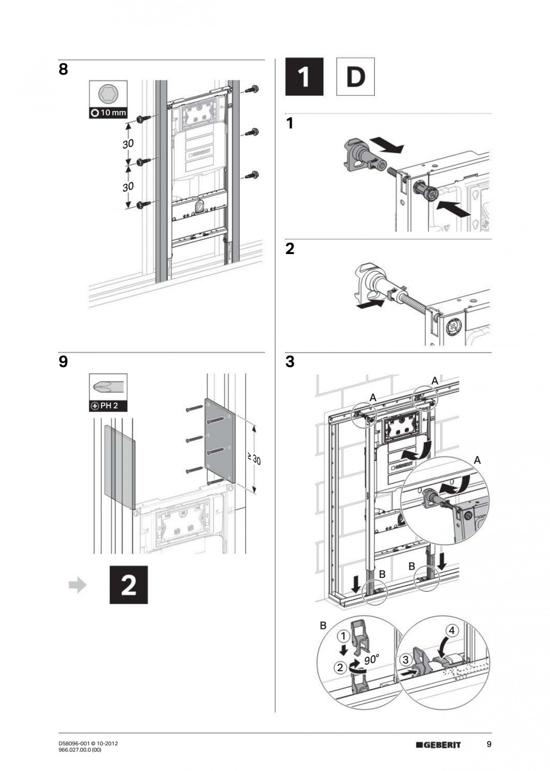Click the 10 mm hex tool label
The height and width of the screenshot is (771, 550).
(108, 113)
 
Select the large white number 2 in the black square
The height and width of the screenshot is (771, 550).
(128, 585)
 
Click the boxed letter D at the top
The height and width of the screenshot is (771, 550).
(356, 77)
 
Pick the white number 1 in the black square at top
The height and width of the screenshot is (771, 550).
(304, 77)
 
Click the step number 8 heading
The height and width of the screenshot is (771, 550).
(63, 69)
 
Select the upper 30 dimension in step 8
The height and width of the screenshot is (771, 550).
(127, 144)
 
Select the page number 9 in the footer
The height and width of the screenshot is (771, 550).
(488, 744)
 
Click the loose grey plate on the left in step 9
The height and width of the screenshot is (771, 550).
(120, 463)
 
